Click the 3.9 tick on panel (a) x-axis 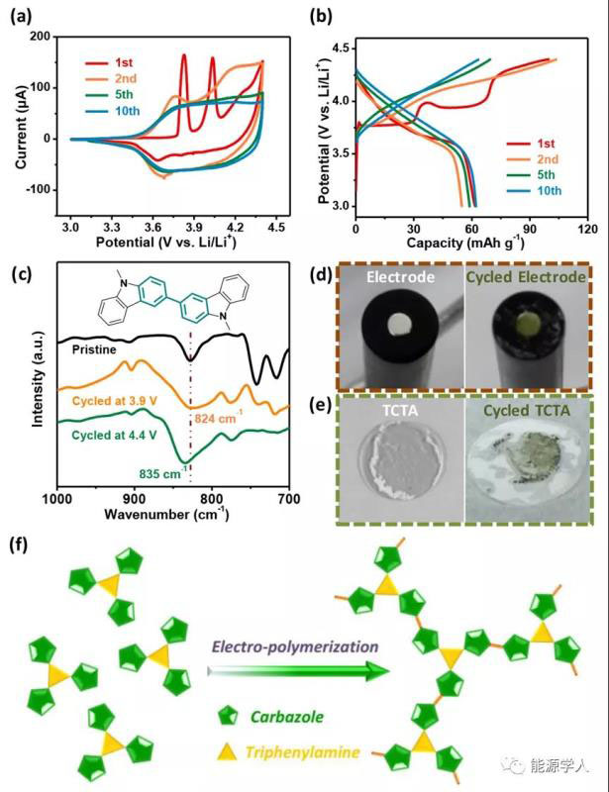click(194, 226)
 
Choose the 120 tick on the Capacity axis click(587, 227)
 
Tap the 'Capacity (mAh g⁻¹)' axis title click(470, 242)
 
